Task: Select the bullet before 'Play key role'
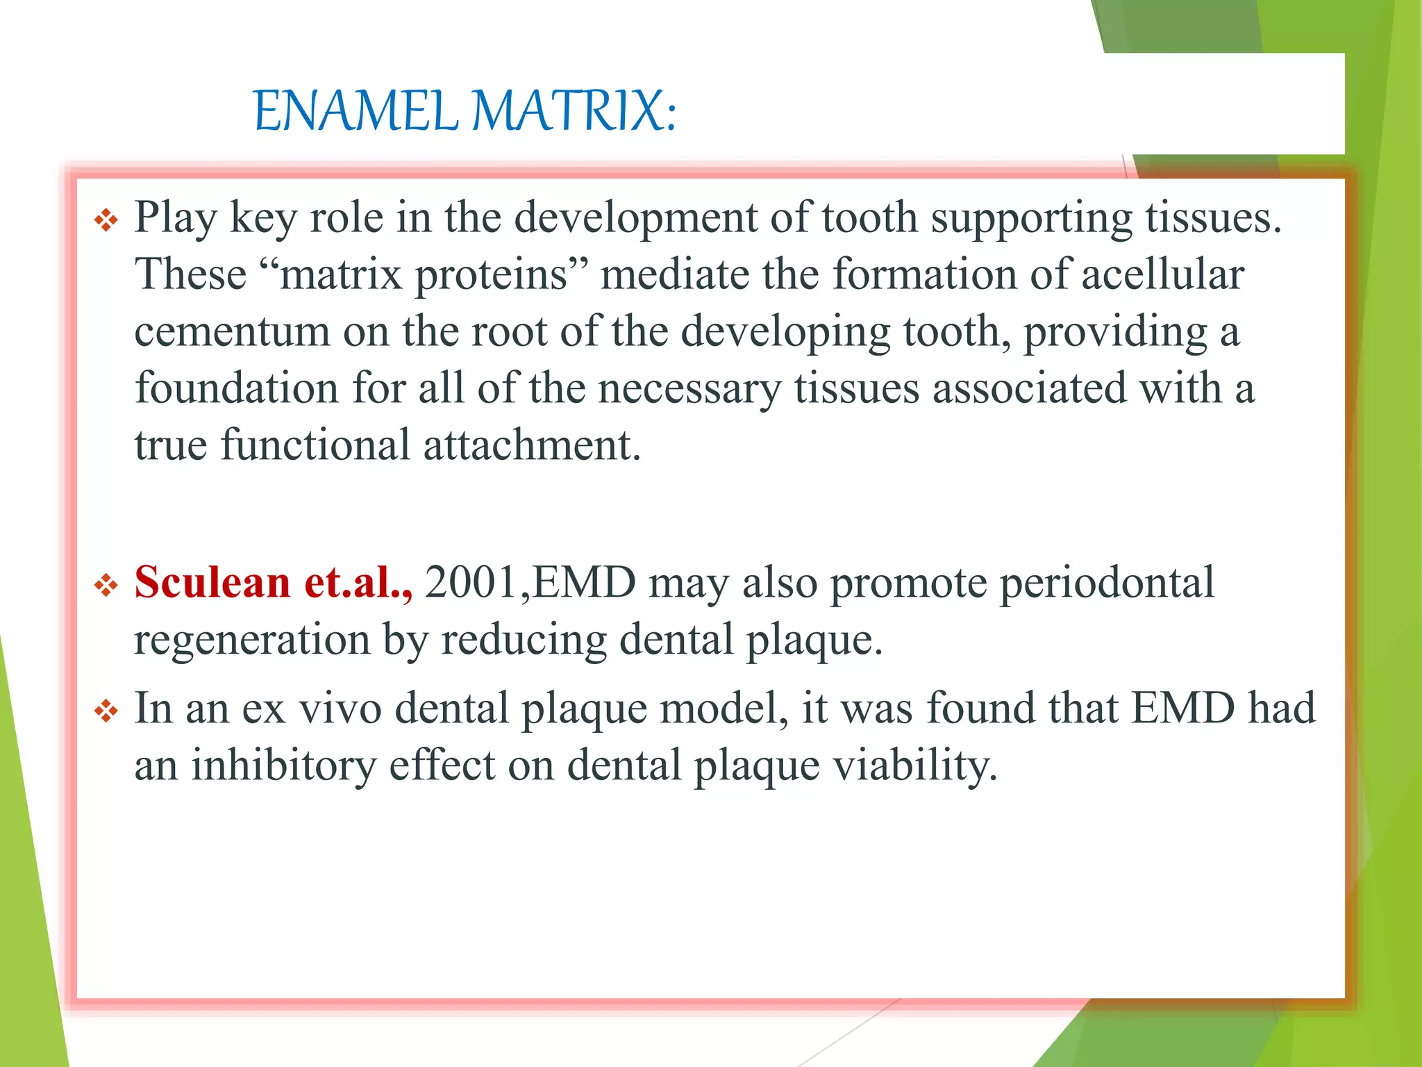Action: click(x=106, y=221)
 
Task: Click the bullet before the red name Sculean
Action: click(x=106, y=585)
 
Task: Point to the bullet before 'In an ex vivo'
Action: click(x=106, y=711)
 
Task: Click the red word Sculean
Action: click(x=212, y=582)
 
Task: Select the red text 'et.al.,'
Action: click(x=358, y=582)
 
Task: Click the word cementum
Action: click(x=232, y=331)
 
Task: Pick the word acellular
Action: click(x=1162, y=274)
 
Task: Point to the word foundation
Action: click(x=237, y=388)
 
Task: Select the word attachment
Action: click(x=531, y=445)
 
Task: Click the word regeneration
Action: click(x=252, y=639)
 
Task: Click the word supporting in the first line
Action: click(x=1031, y=218)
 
